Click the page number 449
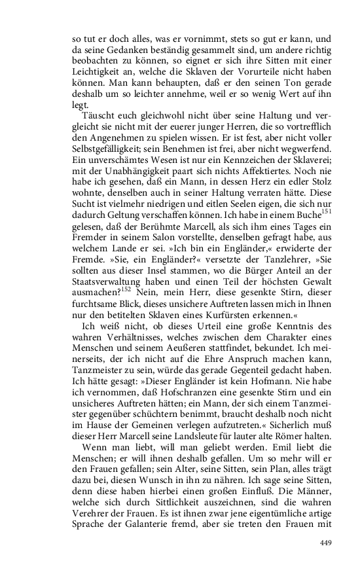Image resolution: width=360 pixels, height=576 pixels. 326,543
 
